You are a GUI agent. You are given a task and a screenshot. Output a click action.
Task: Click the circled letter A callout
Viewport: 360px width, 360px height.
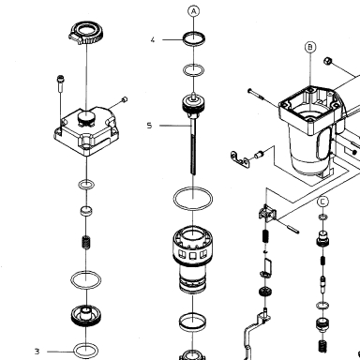pos(194,11)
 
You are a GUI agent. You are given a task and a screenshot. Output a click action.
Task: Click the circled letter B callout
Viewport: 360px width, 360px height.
pos(310,47)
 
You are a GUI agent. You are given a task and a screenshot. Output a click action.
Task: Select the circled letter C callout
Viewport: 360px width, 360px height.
pos(322,202)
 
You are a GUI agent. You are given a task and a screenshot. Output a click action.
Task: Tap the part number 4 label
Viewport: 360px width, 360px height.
pos(153,40)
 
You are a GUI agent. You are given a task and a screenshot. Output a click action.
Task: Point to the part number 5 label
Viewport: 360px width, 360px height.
pos(149,126)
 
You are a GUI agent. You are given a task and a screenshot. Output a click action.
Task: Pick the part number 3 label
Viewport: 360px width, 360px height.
pos(37,352)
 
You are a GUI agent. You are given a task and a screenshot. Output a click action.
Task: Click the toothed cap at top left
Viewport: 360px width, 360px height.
pos(83,33)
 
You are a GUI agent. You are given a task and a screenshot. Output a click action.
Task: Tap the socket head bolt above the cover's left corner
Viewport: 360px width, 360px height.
pos(60,83)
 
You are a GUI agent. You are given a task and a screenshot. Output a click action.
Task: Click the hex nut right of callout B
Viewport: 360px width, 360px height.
pos(327,61)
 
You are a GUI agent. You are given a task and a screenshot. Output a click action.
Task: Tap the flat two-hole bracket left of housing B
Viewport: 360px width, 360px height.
pos(240,159)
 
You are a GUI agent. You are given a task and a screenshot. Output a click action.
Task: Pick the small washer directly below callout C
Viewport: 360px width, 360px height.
pos(322,217)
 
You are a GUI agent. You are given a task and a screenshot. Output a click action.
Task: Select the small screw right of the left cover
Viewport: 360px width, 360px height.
pos(124,99)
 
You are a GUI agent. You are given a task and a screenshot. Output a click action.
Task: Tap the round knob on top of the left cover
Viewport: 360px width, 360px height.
pos(85,116)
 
